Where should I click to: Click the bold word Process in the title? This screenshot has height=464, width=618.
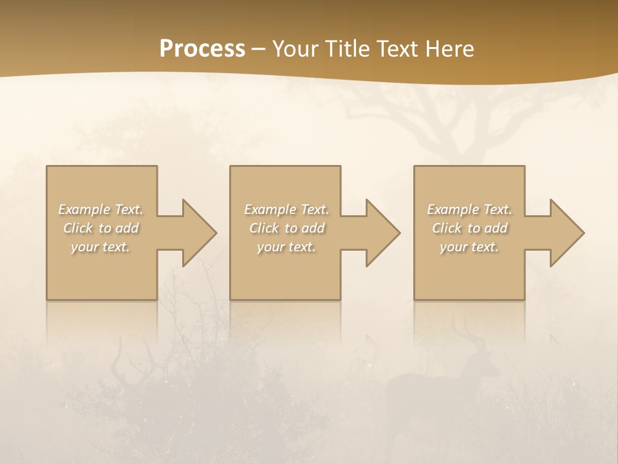[x=202, y=49]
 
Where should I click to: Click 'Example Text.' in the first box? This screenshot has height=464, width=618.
[x=101, y=209]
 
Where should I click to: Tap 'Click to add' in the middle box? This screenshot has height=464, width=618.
[x=286, y=228]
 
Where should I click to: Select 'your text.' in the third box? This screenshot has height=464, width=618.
[x=469, y=247]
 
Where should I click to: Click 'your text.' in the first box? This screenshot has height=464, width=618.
[x=101, y=247]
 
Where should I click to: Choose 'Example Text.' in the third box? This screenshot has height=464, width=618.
[x=469, y=209]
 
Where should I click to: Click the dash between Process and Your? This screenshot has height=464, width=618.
[x=259, y=49]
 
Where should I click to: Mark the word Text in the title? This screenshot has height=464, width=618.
[x=397, y=49]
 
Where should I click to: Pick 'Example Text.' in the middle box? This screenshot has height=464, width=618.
[x=286, y=209]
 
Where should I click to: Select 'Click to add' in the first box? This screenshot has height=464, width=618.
[x=101, y=228]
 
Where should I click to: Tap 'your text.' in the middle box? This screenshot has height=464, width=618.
[x=286, y=247]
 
